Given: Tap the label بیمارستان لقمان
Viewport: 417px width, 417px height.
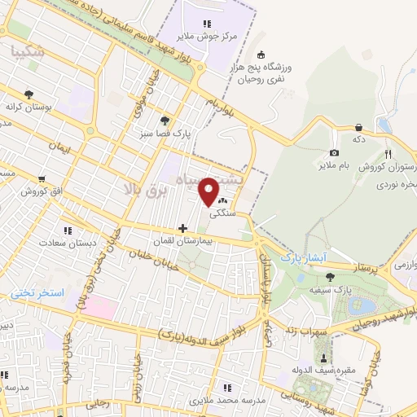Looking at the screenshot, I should [182, 242].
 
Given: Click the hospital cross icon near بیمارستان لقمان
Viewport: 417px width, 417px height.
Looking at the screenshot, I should [182, 229].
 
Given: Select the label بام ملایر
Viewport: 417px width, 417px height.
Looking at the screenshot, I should [333, 165].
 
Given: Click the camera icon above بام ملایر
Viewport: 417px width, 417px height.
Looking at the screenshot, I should [334, 153].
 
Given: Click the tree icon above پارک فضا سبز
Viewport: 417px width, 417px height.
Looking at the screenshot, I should [166, 121].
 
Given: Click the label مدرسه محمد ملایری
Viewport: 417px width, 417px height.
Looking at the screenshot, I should [228, 401].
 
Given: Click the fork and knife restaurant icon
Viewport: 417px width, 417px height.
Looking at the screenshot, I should [388, 153].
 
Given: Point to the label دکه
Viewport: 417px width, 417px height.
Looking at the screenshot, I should [359, 139].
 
